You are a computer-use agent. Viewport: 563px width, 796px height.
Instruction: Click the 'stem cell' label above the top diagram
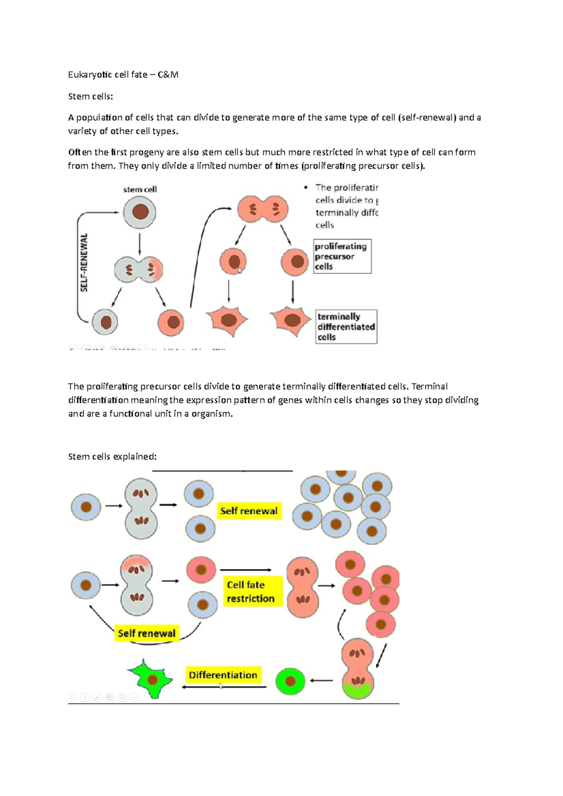[x=140, y=189]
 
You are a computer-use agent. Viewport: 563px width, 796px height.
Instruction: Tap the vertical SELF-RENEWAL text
[x=84, y=263]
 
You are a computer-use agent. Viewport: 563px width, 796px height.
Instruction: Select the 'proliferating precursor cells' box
[x=342, y=256]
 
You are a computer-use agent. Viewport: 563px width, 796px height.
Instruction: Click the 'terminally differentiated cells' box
[x=346, y=327]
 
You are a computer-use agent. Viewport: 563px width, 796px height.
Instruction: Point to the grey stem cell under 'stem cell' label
[x=140, y=212]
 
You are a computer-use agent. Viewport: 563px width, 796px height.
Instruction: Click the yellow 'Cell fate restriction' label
[x=251, y=592]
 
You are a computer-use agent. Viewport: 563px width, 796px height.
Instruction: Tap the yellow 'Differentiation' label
[x=223, y=675]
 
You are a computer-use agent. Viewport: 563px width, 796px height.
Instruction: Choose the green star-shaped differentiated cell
[x=150, y=679]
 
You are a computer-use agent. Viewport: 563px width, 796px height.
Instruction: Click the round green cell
[x=290, y=681]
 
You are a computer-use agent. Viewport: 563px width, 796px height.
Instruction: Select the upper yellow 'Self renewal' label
[x=249, y=511]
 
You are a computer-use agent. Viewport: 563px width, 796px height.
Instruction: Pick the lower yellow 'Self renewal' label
[x=146, y=633]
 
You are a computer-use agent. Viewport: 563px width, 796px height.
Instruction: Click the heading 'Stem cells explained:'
[x=112, y=457]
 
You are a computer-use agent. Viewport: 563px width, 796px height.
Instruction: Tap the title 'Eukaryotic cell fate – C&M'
[x=123, y=75]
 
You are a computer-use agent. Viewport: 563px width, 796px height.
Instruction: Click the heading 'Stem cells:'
[x=91, y=97]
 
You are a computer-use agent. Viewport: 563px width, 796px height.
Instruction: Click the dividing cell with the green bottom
[x=358, y=669]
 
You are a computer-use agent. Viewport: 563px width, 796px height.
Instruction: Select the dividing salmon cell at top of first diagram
[x=263, y=209]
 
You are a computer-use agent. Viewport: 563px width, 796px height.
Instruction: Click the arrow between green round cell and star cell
[x=224, y=687]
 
